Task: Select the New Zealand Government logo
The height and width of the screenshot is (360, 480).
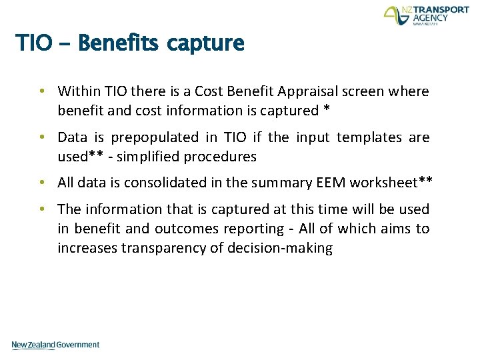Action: [x=55, y=345]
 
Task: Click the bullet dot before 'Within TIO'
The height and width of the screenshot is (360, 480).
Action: [x=41, y=91]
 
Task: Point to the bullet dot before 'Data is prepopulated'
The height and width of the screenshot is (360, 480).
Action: [x=41, y=137]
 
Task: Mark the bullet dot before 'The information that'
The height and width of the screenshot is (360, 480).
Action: [x=41, y=209]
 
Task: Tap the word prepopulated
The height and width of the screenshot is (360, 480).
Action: [x=155, y=138]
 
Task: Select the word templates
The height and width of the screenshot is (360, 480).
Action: [x=370, y=138]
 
